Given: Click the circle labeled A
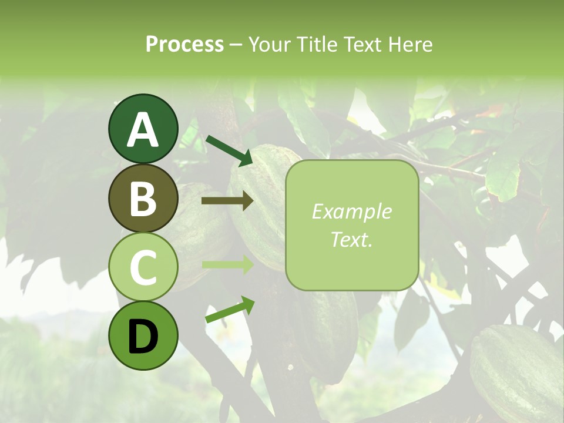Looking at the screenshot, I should click(143, 129).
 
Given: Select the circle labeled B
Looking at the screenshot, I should click(143, 198).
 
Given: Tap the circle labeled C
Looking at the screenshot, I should click(143, 267).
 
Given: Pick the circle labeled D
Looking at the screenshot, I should click(143, 335).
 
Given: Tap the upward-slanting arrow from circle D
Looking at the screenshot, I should click(230, 310).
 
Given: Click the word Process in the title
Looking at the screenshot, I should click(184, 44).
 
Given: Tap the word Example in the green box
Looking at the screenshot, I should click(351, 211).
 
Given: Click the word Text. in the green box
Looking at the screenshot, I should click(351, 239).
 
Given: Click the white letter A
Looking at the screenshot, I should click(143, 130).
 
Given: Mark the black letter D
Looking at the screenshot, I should click(143, 337).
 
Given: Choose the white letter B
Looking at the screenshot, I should click(143, 199).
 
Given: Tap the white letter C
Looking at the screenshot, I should click(143, 267).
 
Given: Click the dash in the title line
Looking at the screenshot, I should click(236, 45).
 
